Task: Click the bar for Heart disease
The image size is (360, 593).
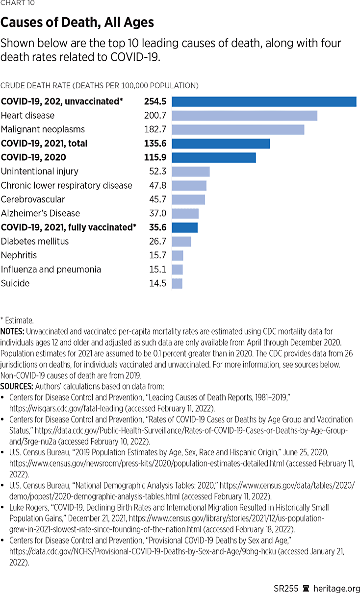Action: pos(244,116)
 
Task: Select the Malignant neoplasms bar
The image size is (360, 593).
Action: pos(238,129)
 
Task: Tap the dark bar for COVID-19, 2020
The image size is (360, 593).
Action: pos(213,157)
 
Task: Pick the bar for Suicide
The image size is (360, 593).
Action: pos(177,283)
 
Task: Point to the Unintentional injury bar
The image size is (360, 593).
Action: pos(190,172)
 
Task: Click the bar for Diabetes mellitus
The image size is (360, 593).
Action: pos(181,241)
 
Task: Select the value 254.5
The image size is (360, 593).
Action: pos(155,101)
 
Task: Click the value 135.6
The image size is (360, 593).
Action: pos(155,144)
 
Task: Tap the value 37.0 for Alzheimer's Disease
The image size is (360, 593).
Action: pos(158,213)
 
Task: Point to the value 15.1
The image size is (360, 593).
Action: pos(158,269)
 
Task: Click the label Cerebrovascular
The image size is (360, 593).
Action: pos(33,199)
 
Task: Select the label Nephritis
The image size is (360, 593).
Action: pos(19,255)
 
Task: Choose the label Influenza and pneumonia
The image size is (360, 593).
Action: pos(51,269)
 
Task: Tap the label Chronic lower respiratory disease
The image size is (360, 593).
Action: pos(67,185)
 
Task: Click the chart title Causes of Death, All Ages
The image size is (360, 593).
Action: pos(77,23)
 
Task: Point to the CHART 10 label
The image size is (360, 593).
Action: pos(18,3)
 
